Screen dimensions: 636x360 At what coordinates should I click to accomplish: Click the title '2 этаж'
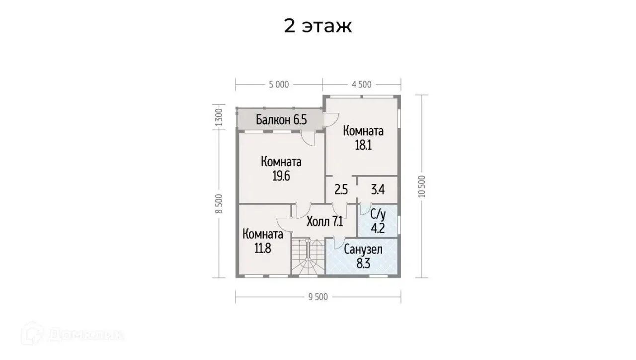coord(318,26)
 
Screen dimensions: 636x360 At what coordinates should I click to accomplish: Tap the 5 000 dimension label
coord(279,85)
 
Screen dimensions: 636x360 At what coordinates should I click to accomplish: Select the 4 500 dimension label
coord(361,85)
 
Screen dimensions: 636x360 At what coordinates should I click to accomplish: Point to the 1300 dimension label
coord(219,117)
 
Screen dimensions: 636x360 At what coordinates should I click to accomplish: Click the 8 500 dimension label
coord(219,204)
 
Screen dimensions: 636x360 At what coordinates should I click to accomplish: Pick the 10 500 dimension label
coord(422,186)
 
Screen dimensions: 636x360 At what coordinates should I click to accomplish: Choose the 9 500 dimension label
coord(318,297)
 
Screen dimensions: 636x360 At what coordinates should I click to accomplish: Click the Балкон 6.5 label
coord(281,120)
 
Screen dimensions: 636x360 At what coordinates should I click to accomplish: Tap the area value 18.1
coord(363,145)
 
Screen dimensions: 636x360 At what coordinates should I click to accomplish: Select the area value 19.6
coord(281,176)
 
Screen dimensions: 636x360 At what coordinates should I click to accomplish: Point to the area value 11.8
coord(263,248)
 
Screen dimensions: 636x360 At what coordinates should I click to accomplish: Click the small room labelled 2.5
coord(341,189)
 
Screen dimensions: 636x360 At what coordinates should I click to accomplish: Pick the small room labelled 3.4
coord(378,189)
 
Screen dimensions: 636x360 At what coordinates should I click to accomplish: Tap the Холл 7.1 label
coord(325,221)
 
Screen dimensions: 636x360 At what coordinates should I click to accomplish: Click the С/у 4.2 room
coord(378,221)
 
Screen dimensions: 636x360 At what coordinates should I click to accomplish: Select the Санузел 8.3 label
coord(363,257)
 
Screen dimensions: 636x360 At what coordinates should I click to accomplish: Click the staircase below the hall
coord(308,257)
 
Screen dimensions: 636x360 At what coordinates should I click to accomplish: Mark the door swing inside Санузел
coord(339,243)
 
